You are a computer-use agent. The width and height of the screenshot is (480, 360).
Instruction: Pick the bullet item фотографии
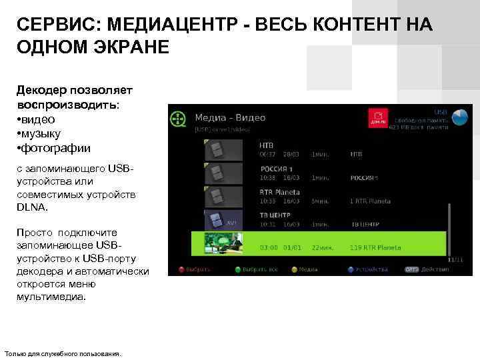pos(54,148)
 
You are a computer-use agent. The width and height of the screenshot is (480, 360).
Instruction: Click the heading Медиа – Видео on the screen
pos(229,118)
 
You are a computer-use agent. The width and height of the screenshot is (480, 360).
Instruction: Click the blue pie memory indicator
pos(459,118)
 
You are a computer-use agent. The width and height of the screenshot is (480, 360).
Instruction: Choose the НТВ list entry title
pos(267,144)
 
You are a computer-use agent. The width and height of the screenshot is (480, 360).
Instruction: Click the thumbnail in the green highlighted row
pos(223,243)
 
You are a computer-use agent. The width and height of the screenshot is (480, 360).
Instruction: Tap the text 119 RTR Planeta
pos(375,248)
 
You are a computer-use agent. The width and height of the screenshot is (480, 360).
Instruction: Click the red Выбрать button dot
pos(181,269)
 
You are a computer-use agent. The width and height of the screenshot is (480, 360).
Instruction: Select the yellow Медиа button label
pos(307,269)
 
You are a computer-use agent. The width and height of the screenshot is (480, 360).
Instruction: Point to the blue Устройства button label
pos(372,269)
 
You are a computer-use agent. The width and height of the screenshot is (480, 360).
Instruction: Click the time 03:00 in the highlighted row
pos(269,248)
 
